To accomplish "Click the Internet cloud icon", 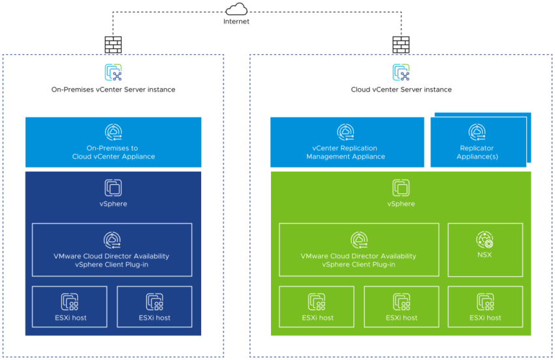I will click(x=236, y=10).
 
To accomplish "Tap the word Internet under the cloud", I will click(x=236, y=22).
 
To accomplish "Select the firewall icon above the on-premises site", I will click(x=113, y=44).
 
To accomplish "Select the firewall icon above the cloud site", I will click(x=400, y=44).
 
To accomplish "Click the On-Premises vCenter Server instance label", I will click(x=113, y=90).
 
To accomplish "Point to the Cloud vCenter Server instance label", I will click(x=401, y=90).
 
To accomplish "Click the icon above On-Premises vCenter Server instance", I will click(x=113, y=72).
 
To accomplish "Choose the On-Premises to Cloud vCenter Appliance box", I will click(x=113, y=142).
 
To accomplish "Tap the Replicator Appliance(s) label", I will click(x=477, y=152).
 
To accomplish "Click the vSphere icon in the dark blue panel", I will click(x=113, y=188).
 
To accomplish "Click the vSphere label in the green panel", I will click(x=401, y=204).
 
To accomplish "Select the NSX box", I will click(x=484, y=249).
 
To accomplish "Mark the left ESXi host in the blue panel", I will click(x=71, y=308).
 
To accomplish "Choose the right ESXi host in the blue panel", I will click(x=154, y=308).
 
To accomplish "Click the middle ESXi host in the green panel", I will click(x=401, y=308).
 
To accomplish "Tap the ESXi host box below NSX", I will click(x=484, y=308).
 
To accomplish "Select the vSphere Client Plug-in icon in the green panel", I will click(x=358, y=240).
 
